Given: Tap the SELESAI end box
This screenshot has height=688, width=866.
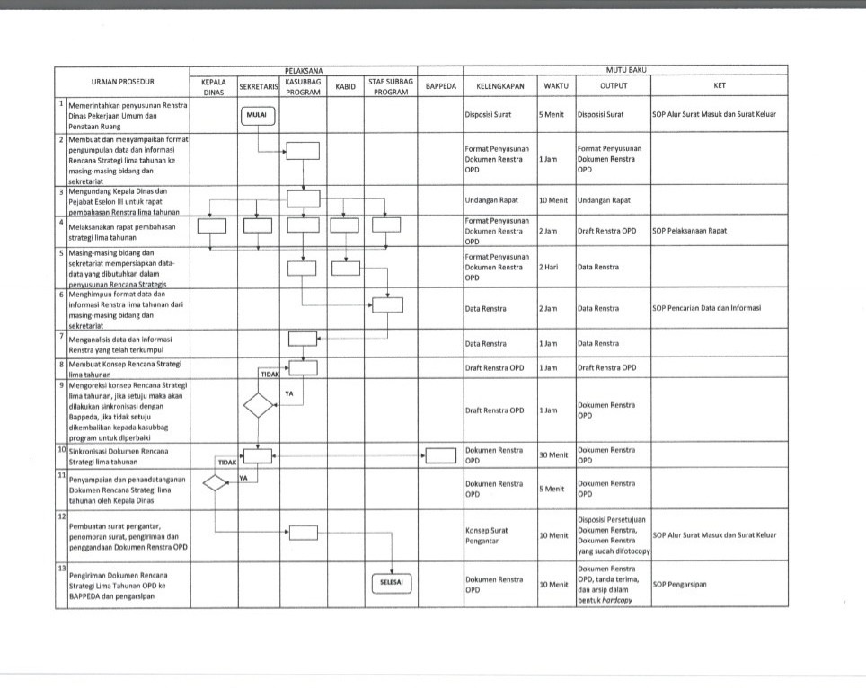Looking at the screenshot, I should (x=387, y=582).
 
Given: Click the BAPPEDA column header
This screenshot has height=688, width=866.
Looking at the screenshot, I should (x=440, y=86).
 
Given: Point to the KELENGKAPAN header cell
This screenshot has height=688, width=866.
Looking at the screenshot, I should (x=499, y=86).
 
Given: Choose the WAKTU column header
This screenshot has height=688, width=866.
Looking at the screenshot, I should (x=556, y=86).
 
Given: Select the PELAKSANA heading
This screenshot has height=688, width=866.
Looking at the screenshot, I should (x=304, y=69).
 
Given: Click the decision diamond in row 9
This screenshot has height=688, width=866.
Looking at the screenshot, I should (x=258, y=405).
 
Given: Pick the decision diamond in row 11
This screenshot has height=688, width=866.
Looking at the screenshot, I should (x=216, y=483).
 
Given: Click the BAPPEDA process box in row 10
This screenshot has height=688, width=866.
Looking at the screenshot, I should (x=440, y=455).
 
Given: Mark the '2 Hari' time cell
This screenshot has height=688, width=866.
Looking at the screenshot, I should (x=549, y=268).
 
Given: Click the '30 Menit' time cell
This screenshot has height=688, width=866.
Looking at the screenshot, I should (x=553, y=455).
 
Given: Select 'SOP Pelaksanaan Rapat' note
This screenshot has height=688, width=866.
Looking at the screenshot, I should (x=691, y=231).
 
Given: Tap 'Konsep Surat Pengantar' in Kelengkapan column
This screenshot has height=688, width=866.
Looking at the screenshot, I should (x=488, y=535).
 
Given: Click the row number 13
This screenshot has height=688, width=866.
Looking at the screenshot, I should (x=62, y=569).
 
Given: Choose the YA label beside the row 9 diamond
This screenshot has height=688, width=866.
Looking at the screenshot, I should (x=288, y=393).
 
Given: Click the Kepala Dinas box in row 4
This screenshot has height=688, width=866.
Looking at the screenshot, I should (x=212, y=225).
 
